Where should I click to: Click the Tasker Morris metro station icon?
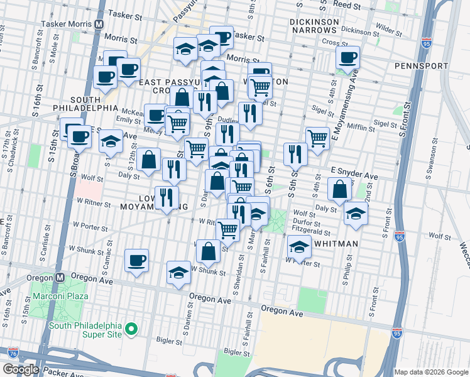[x=99, y=25]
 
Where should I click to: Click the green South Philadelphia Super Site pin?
[x=131, y=328]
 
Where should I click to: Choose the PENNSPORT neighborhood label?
[x=422, y=66]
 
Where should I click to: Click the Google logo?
[x=21, y=369]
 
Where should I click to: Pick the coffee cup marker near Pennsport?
[x=347, y=58]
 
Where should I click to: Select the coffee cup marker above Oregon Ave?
[x=136, y=260]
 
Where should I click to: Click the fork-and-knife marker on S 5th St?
[x=295, y=154]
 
